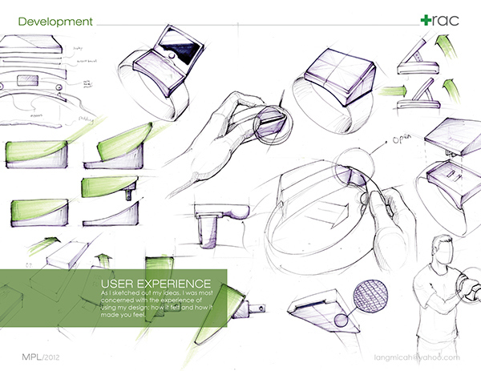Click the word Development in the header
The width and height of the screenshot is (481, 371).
tap(50, 21)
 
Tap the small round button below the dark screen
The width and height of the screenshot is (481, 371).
tap(171, 79)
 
